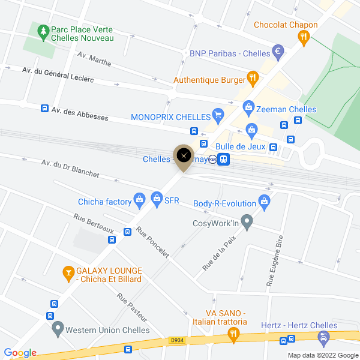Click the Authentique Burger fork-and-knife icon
click(253, 79)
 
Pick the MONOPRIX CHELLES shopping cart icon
click(218, 115)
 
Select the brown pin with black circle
click(183, 155)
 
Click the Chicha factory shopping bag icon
click(139, 198)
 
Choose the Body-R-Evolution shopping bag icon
click(263, 200)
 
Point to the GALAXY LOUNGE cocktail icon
click(68, 274)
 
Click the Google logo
click(20, 353)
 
